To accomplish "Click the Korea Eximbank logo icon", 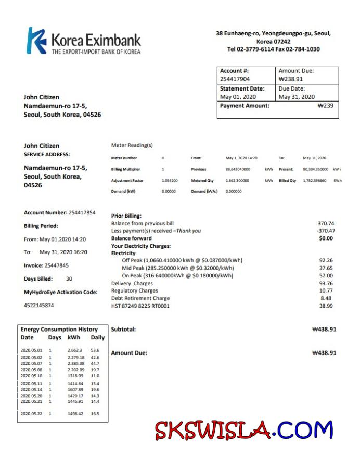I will point(36,41).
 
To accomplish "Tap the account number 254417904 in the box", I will point(235,79).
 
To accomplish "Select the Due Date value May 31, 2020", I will point(297,97).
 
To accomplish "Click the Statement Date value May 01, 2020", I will point(238,97).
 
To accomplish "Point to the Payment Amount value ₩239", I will point(325,106).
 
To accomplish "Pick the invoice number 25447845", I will point(54,265).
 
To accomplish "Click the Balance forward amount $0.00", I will point(326,238).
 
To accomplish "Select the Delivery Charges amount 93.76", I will point(326,284).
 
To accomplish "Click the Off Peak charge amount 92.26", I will point(326,260).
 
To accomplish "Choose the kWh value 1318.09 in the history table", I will point(75,376).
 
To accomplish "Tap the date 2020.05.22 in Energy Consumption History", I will point(31,414).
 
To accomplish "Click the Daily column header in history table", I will point(97,338).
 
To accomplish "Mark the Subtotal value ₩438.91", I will point(324,330).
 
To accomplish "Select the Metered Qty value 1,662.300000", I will point(237,181).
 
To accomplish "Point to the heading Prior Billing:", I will point(126,216).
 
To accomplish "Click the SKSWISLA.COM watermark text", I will point(243,430).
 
